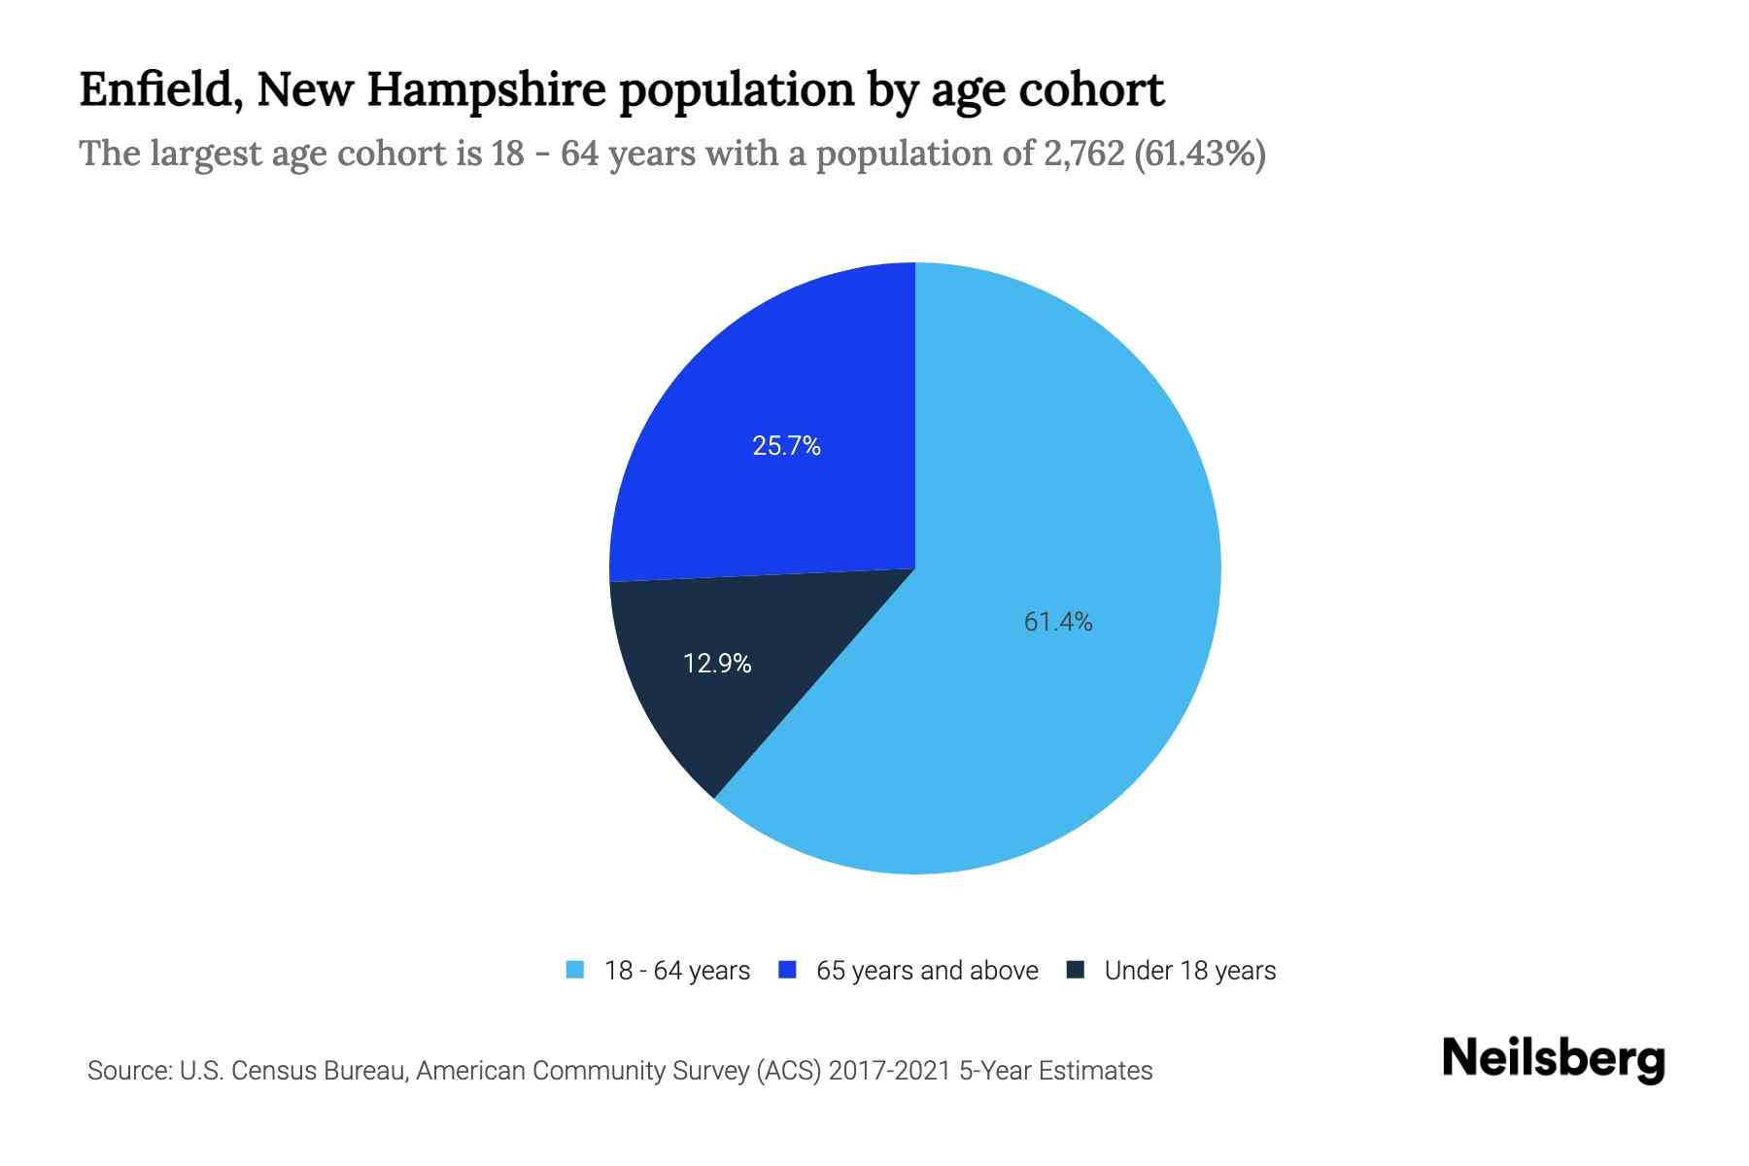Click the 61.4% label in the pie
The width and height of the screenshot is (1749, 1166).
click(1058, 622)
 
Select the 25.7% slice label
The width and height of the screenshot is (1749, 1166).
click(786, 446)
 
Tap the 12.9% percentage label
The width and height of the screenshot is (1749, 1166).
click(717, 664)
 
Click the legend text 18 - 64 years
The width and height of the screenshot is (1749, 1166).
click(676, 971)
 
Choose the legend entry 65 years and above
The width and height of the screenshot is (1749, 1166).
click(927, 971)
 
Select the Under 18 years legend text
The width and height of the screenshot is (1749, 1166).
click(1189, 971)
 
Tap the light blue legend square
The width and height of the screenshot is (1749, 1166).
click(575, 970)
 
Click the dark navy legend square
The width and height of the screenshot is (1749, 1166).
click(1075, 970)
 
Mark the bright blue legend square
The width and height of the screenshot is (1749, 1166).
click(788, 970)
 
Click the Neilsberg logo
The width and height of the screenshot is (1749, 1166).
click(1553, 1059)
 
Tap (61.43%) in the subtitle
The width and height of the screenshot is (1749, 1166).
click(1200, 154)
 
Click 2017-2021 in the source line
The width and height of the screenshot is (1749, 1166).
click(889, 1071)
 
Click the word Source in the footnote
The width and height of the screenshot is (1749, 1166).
click(128, 1071)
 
